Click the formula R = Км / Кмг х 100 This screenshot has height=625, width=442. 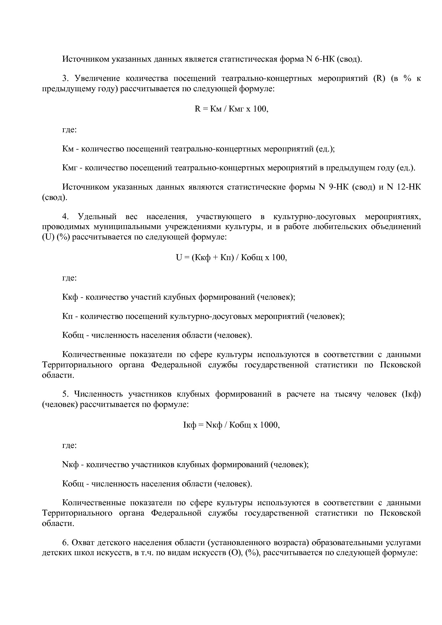tap(231, 109)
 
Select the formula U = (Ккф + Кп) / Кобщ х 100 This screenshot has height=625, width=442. tap(231, 257)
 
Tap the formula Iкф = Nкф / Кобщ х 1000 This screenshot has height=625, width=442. tap(231, 425)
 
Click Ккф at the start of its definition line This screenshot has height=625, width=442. tap(70, 297)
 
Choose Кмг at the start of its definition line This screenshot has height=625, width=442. tap(70, 168)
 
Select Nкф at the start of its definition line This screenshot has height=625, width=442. tap(70, 465)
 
